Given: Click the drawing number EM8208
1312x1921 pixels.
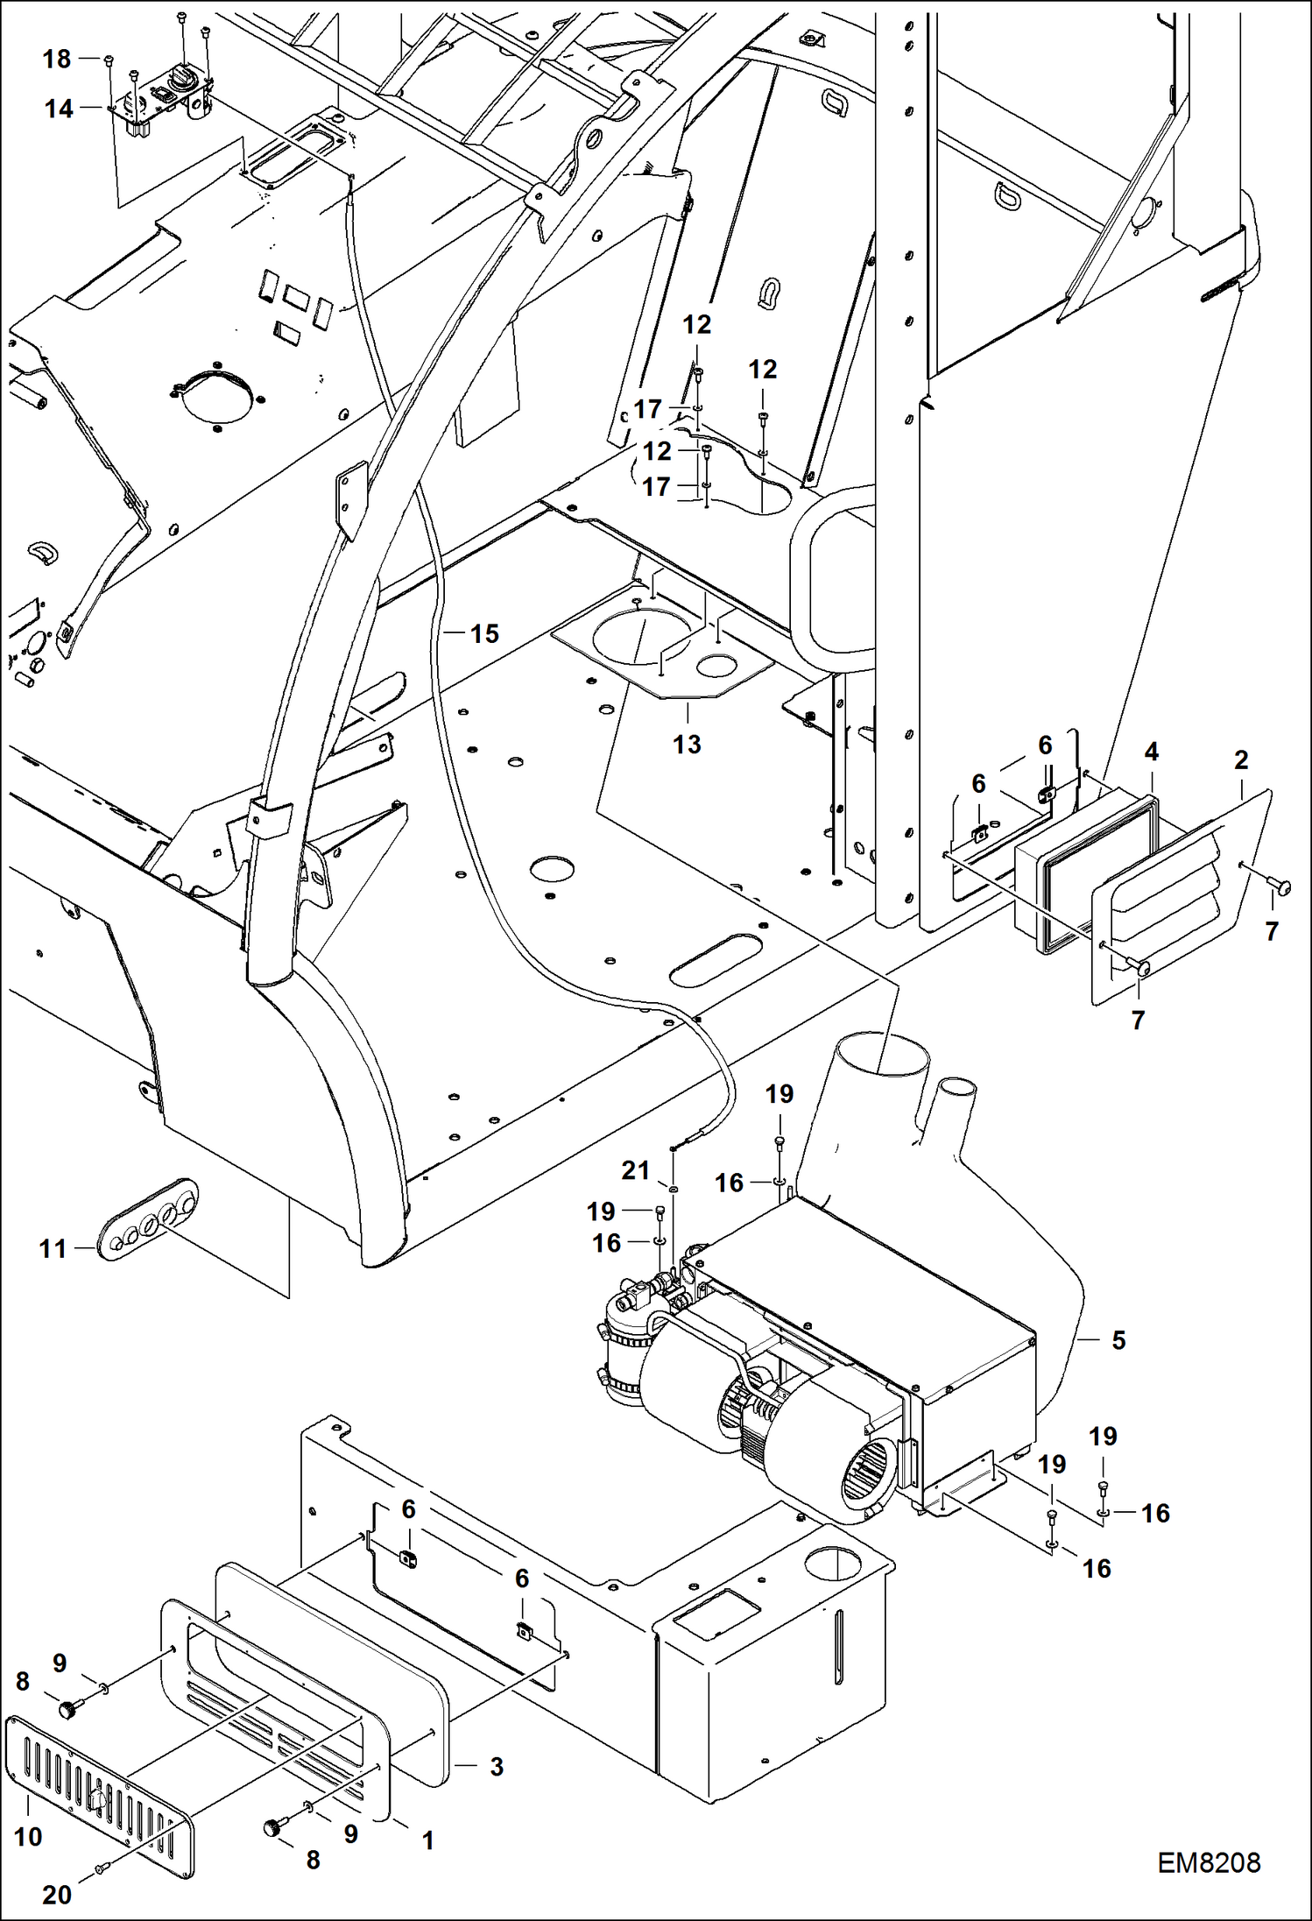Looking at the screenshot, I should click(1208, 1863).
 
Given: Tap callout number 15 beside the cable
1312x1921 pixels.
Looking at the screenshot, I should click(484, 633).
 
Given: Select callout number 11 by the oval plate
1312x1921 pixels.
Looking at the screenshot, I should click(53, 1248).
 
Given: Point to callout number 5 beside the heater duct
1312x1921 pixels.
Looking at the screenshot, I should click(1118, 1340).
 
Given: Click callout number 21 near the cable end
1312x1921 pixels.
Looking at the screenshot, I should click(635, 1170).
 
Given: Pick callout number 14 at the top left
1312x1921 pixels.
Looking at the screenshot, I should click(59, 109).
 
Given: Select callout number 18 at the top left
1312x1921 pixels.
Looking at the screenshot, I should click(57, 59).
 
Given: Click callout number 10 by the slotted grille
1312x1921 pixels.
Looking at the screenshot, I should click(28, 1837).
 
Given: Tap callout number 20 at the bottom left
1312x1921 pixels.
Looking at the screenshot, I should click(57, 1895).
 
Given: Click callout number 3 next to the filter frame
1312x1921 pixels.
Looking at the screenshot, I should click(496, 1767).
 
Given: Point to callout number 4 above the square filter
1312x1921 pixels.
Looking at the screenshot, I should click(1151, 751).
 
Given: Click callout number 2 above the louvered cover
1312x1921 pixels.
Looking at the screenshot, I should click(1240, 759).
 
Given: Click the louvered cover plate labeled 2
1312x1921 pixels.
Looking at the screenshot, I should click(1182, 893).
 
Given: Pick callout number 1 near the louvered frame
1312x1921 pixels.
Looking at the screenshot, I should click(427, 1841).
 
